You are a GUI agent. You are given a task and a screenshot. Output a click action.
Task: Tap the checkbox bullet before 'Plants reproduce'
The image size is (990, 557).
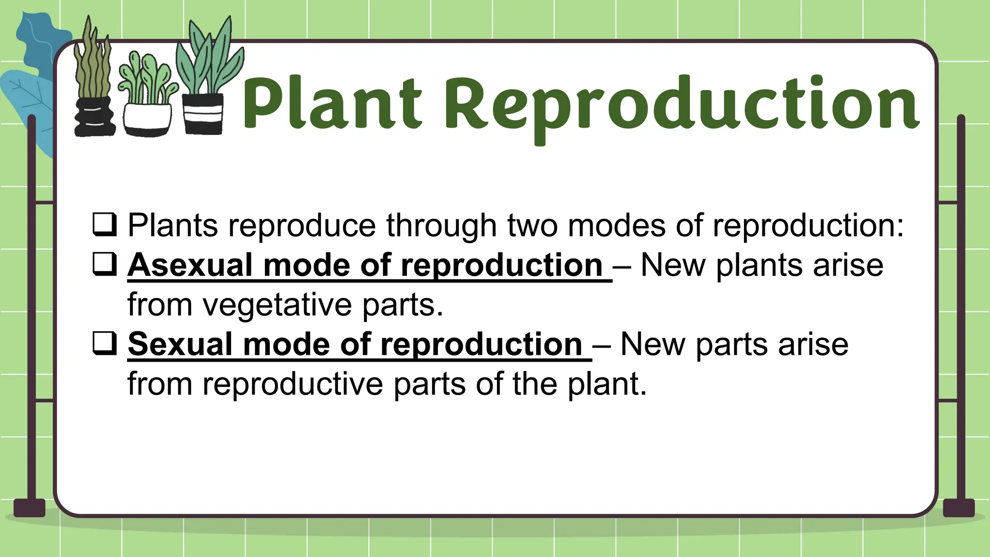point(104,224)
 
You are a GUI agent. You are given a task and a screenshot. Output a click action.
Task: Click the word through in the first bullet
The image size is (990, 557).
point(441,226)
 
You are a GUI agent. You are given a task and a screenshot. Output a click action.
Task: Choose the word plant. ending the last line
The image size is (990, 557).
point(607,384)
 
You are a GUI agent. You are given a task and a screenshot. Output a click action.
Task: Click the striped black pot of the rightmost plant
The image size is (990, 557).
point(204,114)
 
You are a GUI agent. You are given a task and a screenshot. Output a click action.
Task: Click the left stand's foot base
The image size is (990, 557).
point(29,508)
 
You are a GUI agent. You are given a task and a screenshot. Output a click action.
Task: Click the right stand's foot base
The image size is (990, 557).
point(959,508)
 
